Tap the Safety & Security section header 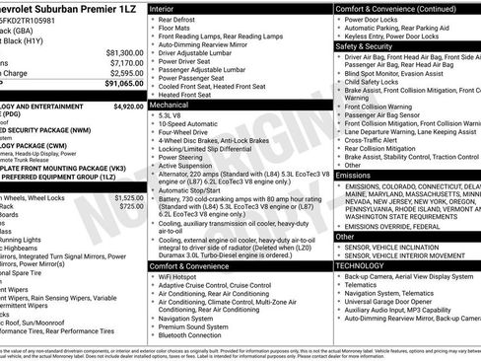tap(370, 45)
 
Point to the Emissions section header tap(354, 175)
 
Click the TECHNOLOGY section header tap(360, 265)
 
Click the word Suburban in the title tap(70, 9)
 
